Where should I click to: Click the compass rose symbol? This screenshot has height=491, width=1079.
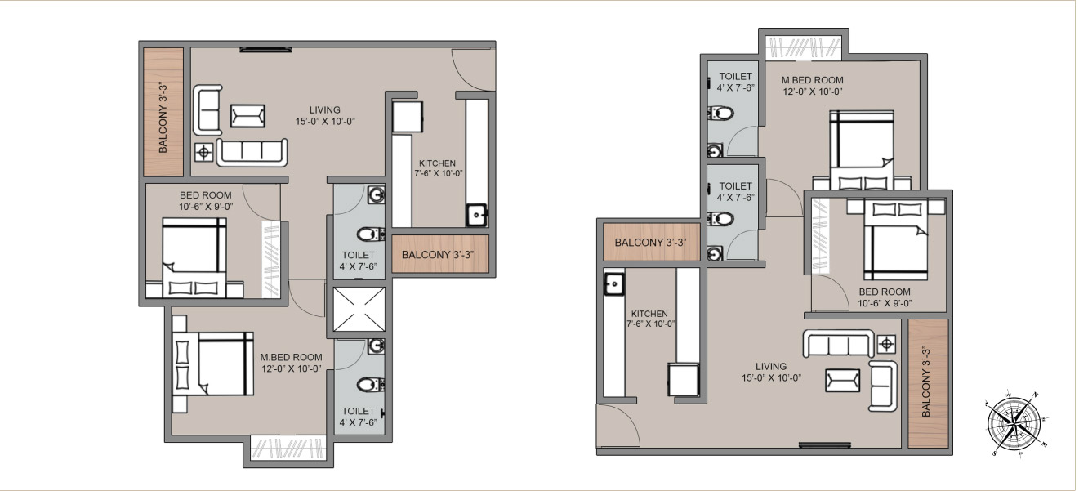click(1017, 422)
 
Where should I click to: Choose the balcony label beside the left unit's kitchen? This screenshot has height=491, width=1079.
click(439, 255)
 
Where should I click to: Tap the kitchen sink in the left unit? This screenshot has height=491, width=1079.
click(476, 216)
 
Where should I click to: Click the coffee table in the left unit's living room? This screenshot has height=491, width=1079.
click(247, 115)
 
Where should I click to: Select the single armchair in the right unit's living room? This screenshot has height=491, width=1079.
click(883, 385)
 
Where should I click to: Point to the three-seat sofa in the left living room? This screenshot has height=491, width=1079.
click(252, 152)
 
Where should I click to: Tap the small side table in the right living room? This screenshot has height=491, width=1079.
click(888, 343)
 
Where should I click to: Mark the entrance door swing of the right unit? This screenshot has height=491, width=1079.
click(618, 426)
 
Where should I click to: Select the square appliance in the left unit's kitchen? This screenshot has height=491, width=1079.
click(408, 116)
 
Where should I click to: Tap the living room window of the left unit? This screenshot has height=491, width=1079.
click(265, 50)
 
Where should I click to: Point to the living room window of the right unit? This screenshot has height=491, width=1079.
click(824, 445)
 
